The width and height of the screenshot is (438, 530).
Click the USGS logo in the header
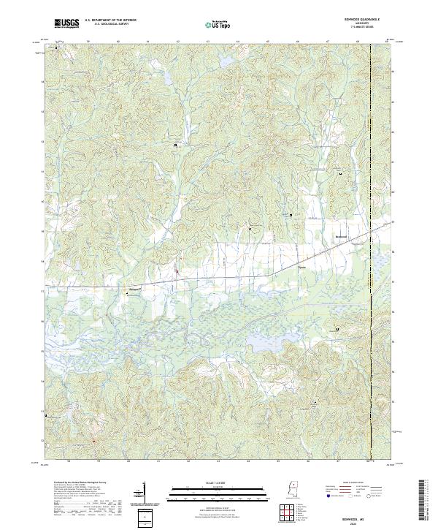click(x=66, y=23)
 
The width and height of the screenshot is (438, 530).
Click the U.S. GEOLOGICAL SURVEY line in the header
click(x=110, y=25)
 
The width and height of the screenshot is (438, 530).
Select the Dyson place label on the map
click(x=301, y=268)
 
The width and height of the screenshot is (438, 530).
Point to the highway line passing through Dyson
click(x=277, y=274)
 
